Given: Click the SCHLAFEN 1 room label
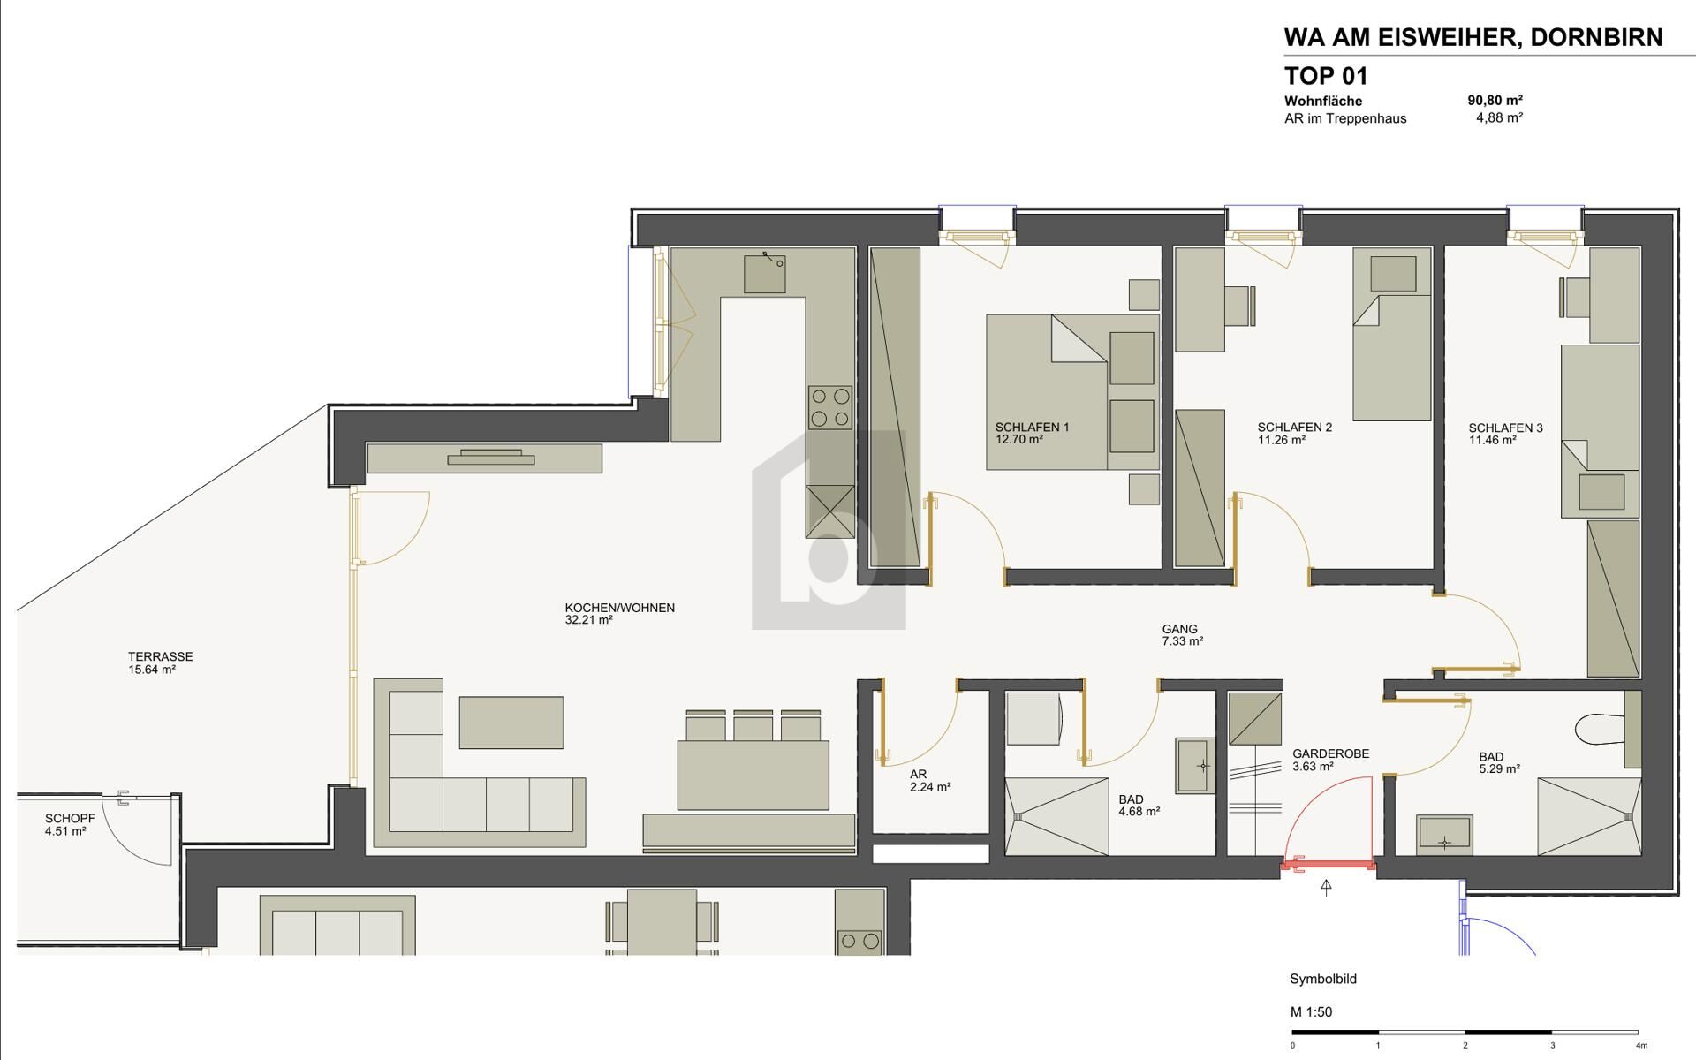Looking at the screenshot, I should point(1032,428).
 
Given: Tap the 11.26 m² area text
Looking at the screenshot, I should point(1281,440).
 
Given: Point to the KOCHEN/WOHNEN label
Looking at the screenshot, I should point(619,608).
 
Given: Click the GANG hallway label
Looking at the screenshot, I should point(1179,630).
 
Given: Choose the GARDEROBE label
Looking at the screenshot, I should point(1330,753).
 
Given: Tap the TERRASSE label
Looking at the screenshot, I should point(160,656).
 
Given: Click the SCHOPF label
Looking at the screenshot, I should point(70,819).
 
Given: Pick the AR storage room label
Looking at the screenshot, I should point(918,774).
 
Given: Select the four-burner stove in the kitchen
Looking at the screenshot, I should point(830,408).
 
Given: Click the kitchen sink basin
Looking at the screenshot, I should point(764,274).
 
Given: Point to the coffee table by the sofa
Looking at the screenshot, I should point(511,723).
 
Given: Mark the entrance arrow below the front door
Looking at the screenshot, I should point(1326,888).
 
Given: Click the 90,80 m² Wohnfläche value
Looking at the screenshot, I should point(1495,101).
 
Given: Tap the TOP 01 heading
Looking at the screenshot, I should point(1325,75).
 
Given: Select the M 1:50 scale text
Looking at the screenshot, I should point(1311,1011).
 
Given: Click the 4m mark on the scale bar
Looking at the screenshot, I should point(1639,1046).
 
